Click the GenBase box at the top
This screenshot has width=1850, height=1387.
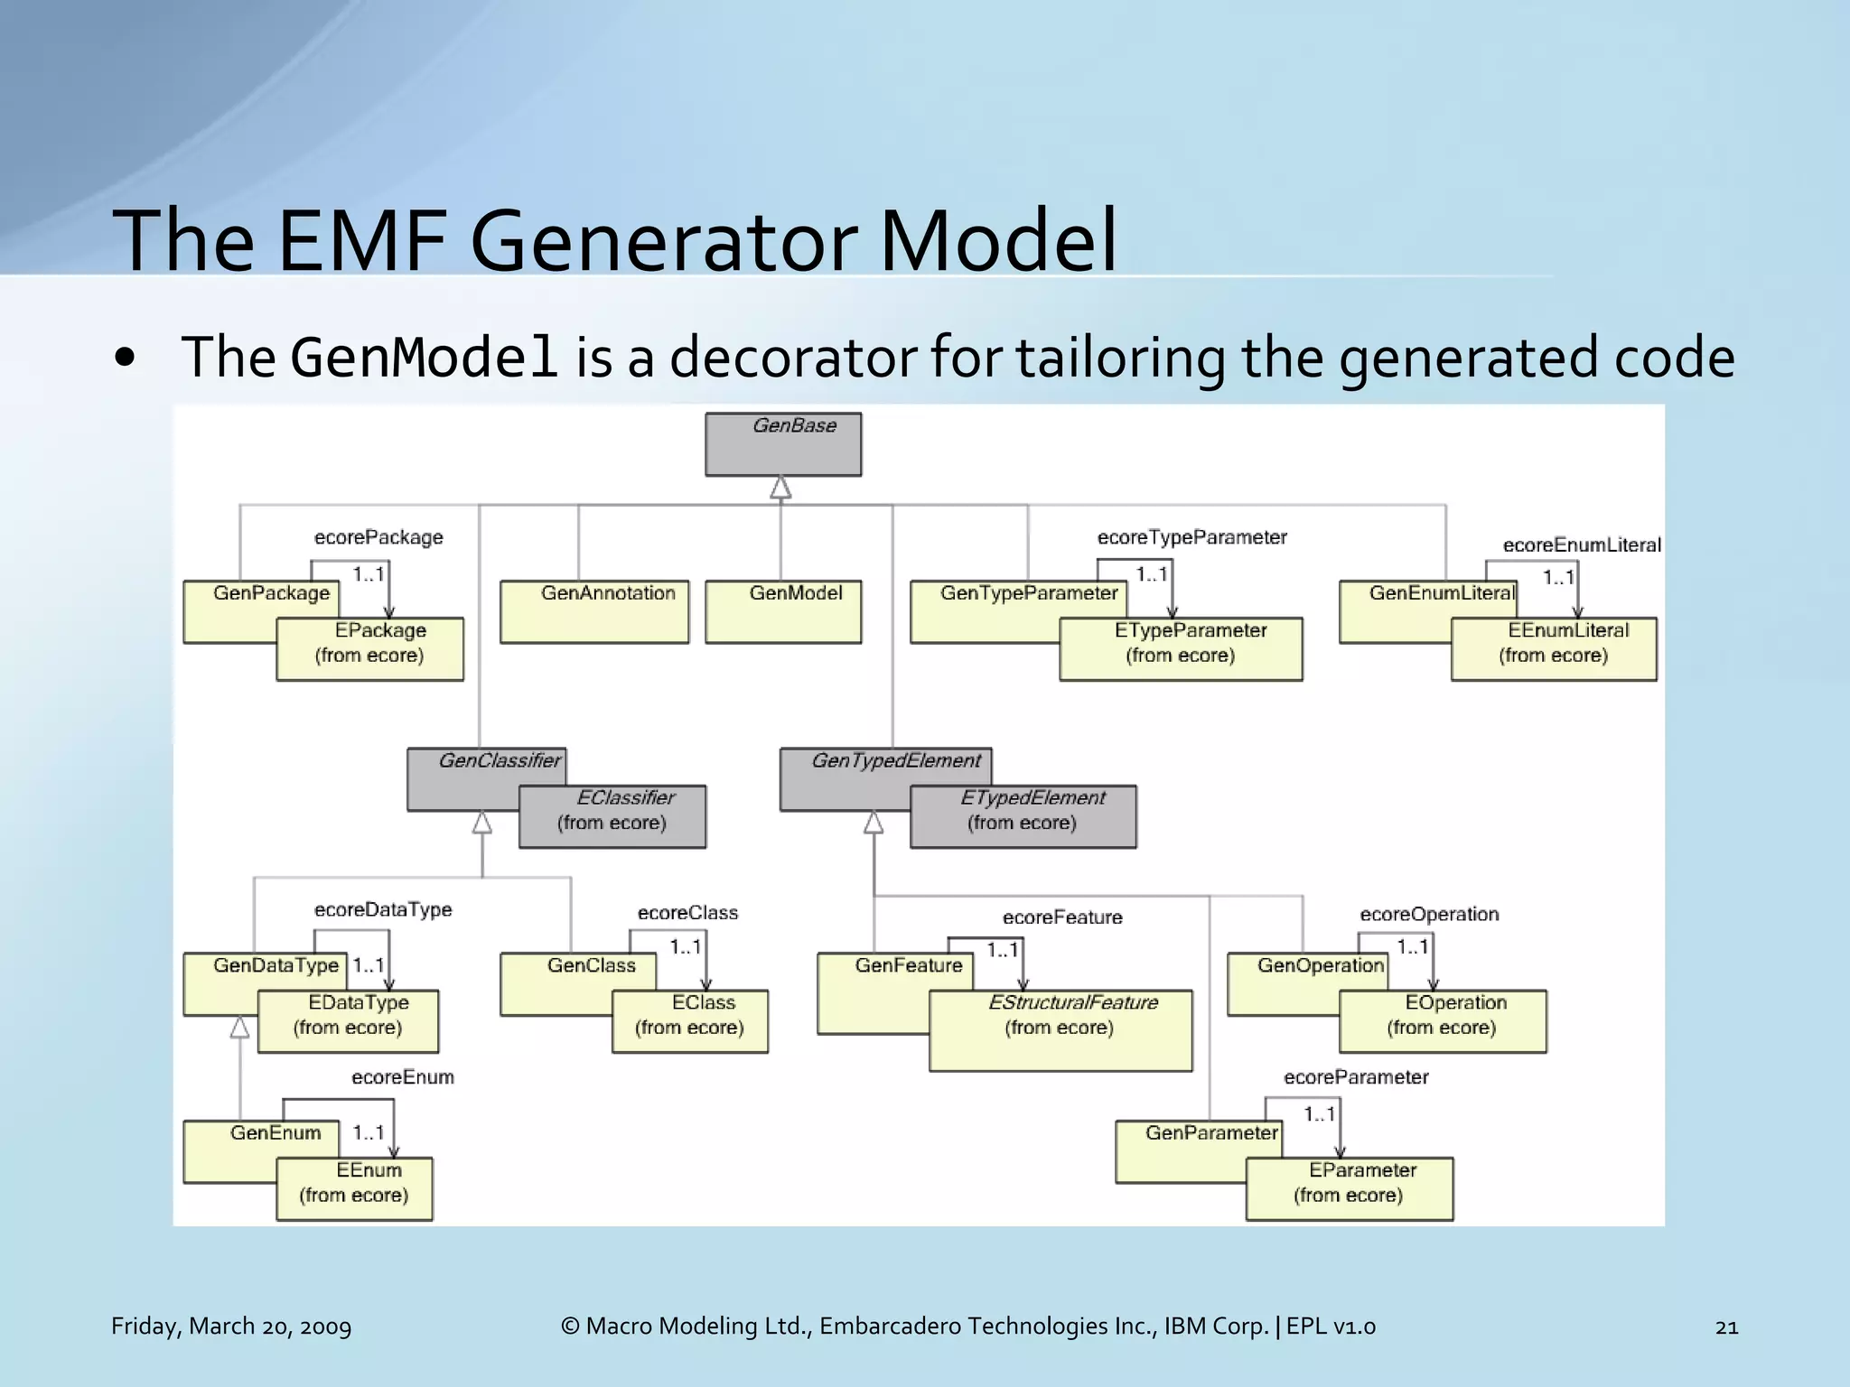(782, 443)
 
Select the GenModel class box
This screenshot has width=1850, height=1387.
(782, 610)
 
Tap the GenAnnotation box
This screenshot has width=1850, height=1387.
(593, 610)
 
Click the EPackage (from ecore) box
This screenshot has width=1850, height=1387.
(369, 648)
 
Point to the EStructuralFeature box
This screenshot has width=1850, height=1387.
(1060, 1029)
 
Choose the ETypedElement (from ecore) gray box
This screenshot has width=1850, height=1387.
(1023, 815)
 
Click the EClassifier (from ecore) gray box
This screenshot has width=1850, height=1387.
(612, 815)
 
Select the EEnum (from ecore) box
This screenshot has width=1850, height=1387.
(354, 1188)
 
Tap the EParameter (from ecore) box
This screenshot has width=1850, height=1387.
(1349, 1188)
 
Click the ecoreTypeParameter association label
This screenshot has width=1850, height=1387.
(1191, 537)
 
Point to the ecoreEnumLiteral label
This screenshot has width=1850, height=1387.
(1581, 545)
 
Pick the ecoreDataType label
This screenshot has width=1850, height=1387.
(383, 909)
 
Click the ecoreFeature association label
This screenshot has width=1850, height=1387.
(1062, 917)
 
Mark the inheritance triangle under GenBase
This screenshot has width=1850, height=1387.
(780, 489)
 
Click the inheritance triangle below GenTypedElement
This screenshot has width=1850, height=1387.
(874, 823)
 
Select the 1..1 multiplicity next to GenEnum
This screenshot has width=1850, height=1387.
(369, 1132)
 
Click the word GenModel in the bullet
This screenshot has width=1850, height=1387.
(424, 358)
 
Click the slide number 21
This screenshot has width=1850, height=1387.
(1726, 1326)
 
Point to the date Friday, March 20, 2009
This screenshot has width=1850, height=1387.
(231, 1326)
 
